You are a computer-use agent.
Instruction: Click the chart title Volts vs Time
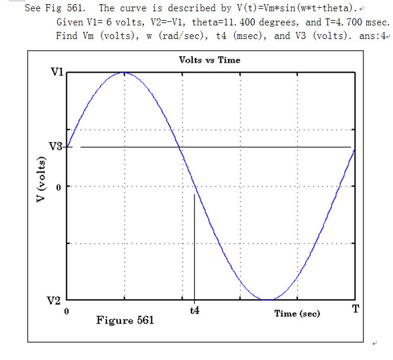(209, 60)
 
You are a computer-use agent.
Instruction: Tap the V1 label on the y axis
(57, 72)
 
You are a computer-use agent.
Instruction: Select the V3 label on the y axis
(56, 147)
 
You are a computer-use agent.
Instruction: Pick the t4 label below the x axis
(194, 311)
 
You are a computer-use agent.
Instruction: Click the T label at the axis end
(355, 309)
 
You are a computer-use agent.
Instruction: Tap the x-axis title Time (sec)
(297, 313)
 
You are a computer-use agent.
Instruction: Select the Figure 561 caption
(125, 320)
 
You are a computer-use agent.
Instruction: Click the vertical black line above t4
(194, 248)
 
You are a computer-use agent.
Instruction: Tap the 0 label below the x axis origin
(67, 310)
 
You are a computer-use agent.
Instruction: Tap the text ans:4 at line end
(373, 35)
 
